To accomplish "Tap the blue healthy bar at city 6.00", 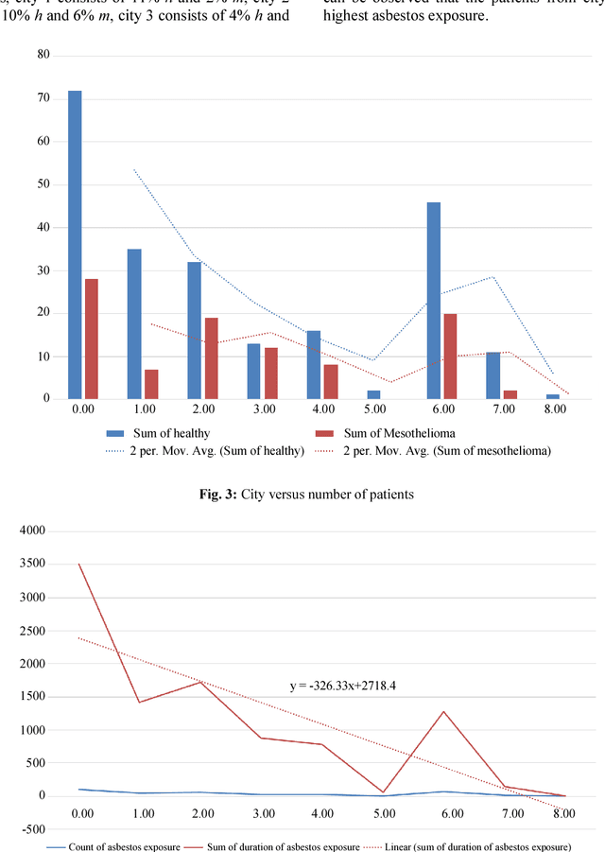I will click(x=434, y=300).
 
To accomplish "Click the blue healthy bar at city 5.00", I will click(x=374, y=394).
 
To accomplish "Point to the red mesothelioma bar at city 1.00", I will click(x=151, y=384).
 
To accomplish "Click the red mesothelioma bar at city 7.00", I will click(x=510, y=394).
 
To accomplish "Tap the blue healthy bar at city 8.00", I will click(x=553, y=396).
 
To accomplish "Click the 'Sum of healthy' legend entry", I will click(x=180, y=433).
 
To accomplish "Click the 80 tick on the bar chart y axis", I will click(x=43, y=55).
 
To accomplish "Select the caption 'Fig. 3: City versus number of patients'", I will click(x=302, y=493).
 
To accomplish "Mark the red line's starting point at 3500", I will click(x=79, y=565).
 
